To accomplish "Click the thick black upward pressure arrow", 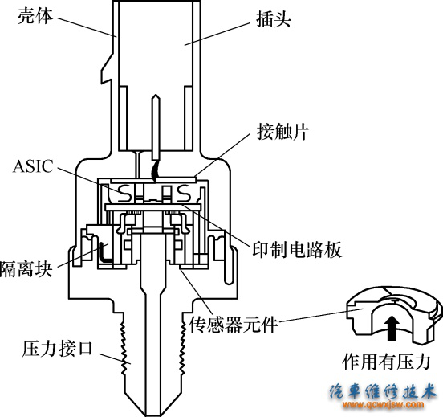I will (x=392, y=325).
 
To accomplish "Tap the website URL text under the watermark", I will (x=384, y=407).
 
